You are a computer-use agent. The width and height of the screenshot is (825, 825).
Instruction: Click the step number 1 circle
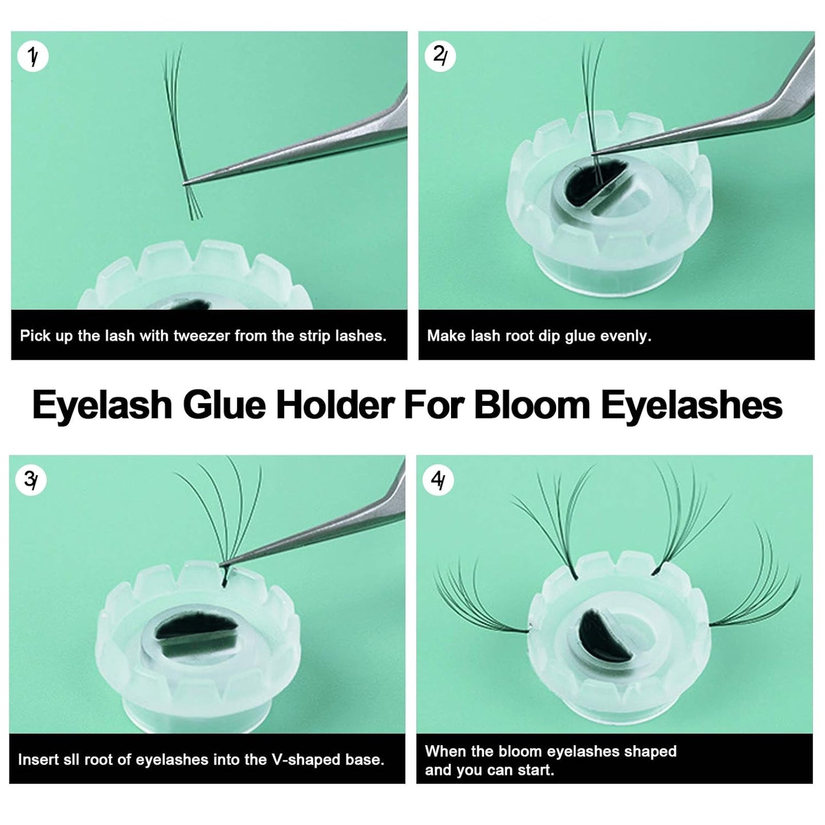point(33,57)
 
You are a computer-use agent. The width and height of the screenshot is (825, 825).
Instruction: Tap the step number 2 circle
point(440,57)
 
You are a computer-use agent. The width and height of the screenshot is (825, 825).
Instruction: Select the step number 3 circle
point(31,481)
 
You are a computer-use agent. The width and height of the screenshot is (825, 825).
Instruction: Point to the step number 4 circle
point(438,481)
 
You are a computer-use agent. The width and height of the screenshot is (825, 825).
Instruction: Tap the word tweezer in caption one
point(202,336)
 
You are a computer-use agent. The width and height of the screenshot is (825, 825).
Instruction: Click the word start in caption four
point(536,770)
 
